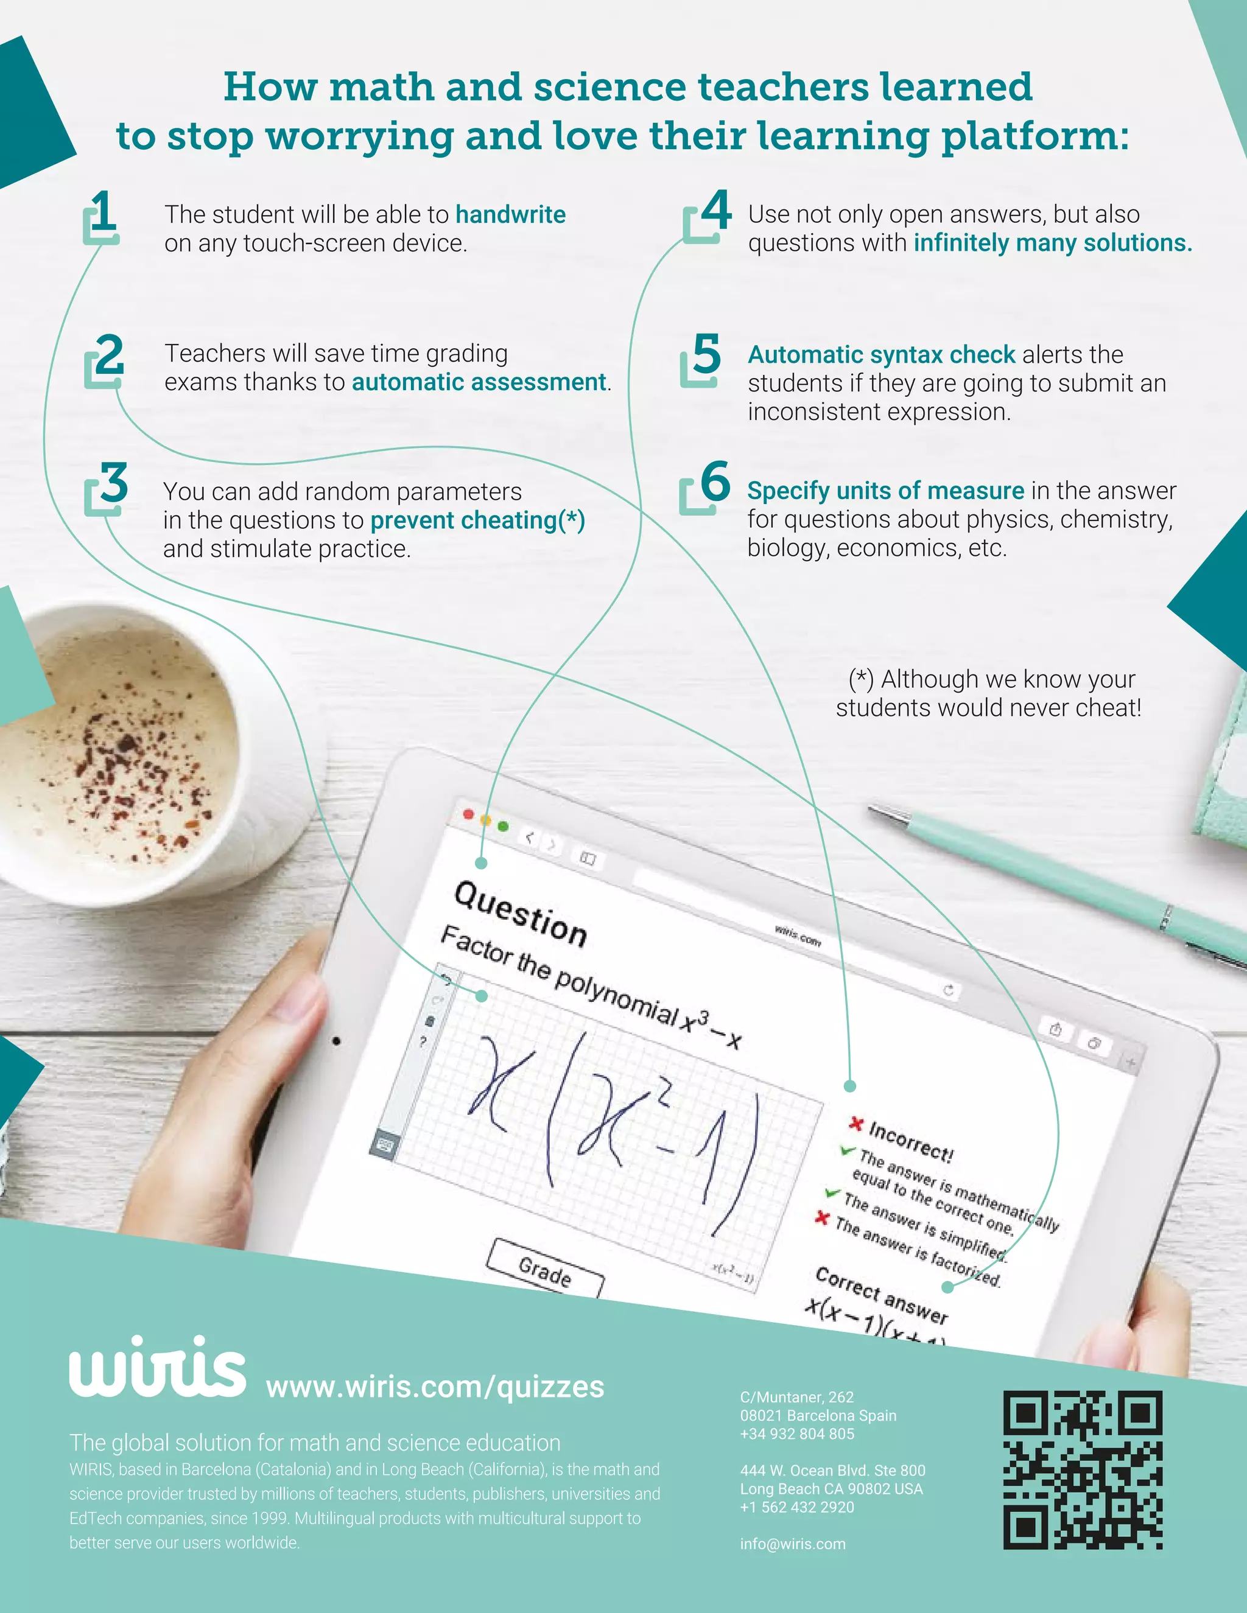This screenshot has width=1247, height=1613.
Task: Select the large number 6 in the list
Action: pos(714,481)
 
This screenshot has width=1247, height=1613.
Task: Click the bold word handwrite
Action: pos(510,215)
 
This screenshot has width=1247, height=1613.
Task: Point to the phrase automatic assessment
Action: pos(479,382)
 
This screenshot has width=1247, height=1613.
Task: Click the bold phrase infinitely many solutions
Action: pos(1052,243)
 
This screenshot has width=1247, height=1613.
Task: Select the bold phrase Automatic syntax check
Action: pos(881,354)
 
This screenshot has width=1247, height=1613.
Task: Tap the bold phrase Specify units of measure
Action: pos(885,491)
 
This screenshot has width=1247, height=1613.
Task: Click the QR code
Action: pos(1082,1470)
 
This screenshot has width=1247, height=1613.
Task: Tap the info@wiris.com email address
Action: pos(793,1544)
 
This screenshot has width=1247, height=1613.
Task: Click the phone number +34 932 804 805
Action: pos(797,1433)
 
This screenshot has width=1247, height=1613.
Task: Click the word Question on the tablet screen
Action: pos(520,914)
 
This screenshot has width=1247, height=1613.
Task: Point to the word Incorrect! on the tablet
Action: pos(911,1142)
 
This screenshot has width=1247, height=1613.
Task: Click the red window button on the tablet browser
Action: pos(468,814)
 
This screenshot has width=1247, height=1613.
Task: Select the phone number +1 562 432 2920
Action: pos(797,1506)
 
